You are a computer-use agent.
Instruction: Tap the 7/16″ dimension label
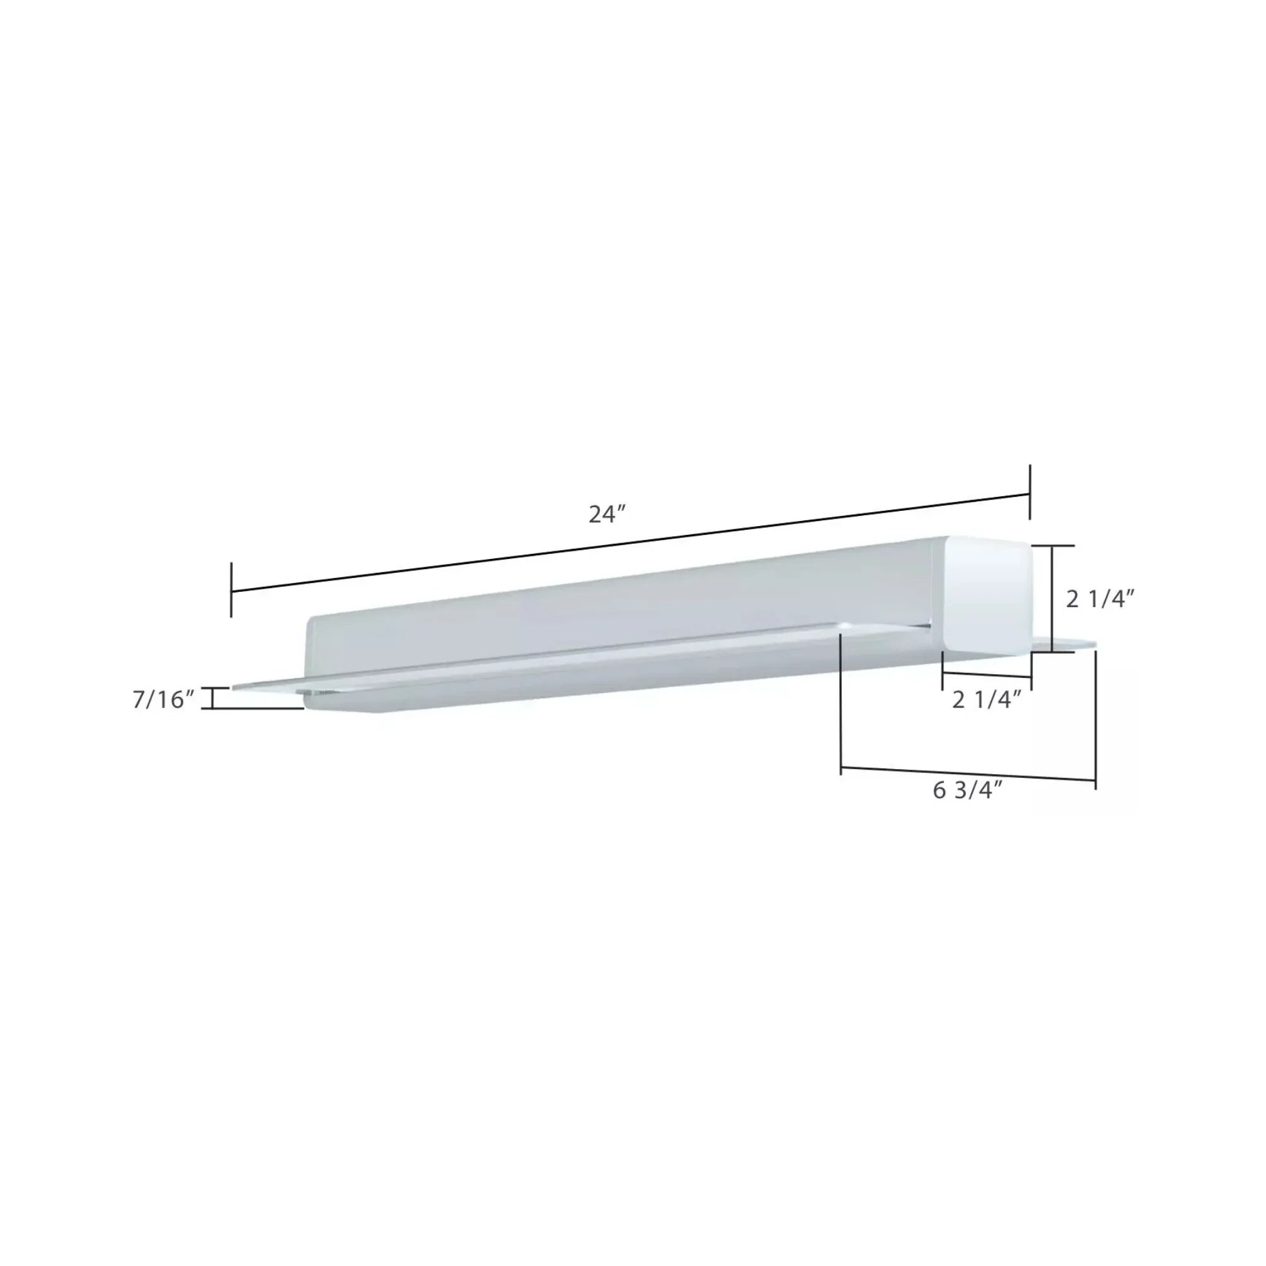[164, 700]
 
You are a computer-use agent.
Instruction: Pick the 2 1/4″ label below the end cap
[987, 700]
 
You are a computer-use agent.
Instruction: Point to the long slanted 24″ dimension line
[629, 543]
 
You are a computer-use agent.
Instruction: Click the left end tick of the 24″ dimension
[231, 590]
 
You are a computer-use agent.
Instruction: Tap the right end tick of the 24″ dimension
[1030, 492]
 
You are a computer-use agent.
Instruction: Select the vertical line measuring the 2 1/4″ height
[1053, 598]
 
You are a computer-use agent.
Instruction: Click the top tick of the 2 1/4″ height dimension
[1053, 545]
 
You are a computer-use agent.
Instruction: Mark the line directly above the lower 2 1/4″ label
[986, 675]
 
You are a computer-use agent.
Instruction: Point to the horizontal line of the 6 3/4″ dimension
[968, 774]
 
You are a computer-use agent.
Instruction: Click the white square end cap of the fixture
[986, 596]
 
